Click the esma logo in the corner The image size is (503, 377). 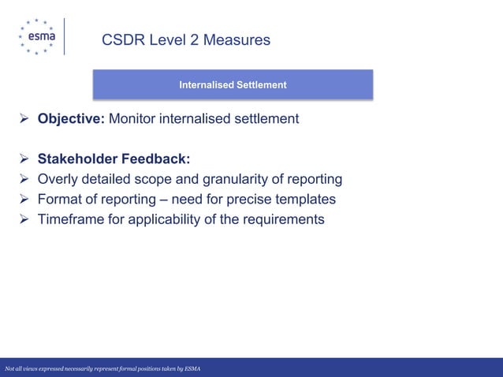(x=35, y=36)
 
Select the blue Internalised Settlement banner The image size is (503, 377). (x=233, y=84)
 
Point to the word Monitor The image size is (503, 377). (x=136, y=119)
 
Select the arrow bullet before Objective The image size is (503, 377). (x=24, y=120)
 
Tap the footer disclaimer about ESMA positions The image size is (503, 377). (x=102, y=369)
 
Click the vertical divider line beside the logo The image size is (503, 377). (x=65, y=36)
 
